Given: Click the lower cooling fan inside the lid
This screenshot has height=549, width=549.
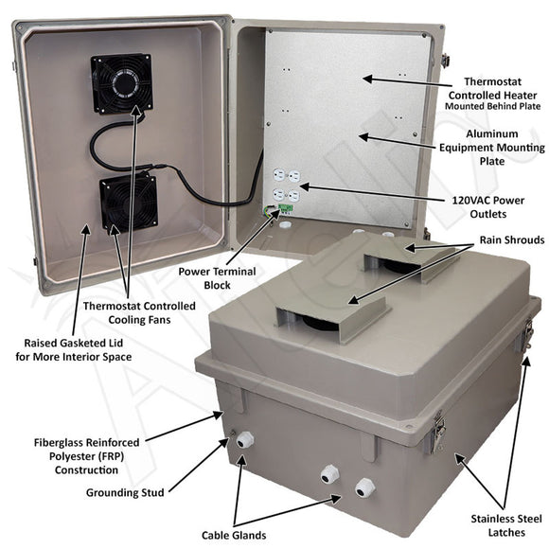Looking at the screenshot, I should point(120,203).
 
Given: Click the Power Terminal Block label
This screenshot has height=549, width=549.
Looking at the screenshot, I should point(217,276).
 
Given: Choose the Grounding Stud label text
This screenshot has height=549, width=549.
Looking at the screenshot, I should point(127,492).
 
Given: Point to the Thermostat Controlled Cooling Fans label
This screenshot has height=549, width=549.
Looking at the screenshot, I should point(139,313).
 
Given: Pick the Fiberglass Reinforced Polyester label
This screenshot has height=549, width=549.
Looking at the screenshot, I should point(86,454).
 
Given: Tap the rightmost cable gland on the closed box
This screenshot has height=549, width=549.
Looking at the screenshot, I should point(363,488).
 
